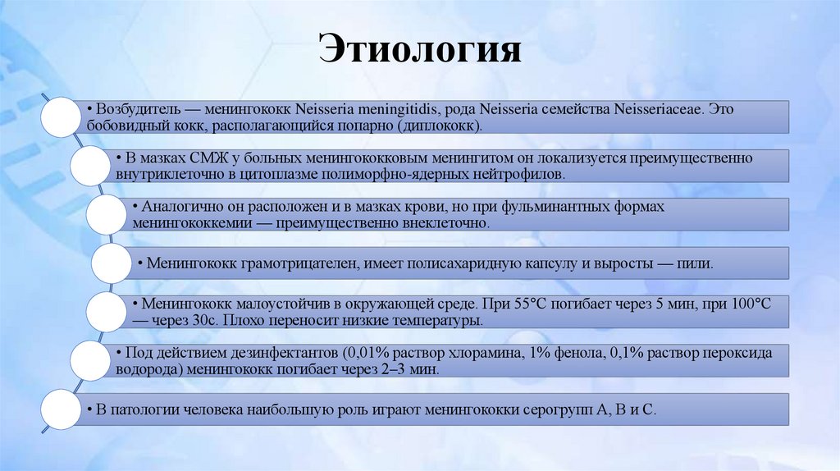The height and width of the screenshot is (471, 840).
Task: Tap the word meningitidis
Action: pyautogui.click(x=399, y=109)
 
